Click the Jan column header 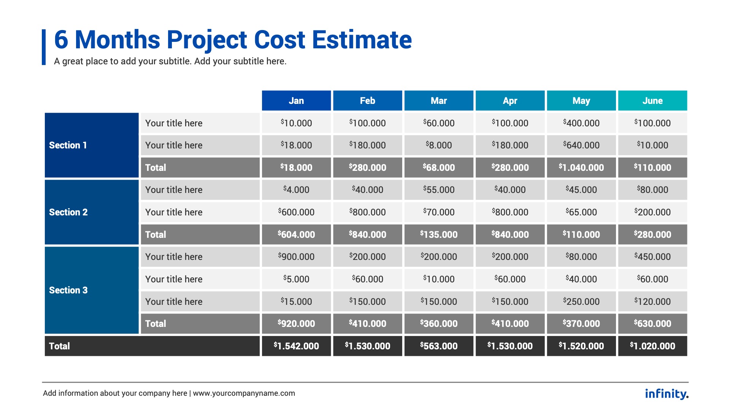click(x=296, y=100)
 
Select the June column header click(x=652, y=100)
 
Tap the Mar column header click(x=439, y=100)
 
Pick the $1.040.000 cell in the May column click(x=581, y=167)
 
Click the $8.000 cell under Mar click(x=439, y=145)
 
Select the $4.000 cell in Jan click(x=296, y=190)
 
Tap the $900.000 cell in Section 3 click(x=296, y=256)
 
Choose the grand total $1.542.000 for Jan click(x=296, y=346)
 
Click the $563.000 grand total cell click(x=439, y=346)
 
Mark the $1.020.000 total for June click(x=652, y=346)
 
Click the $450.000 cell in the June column click(x=652, y=256)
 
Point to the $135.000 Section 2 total click(x=439, y=234)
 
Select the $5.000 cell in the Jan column click(x=296, y=279)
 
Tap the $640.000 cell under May click(x=581, y=145)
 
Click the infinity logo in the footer click(x=667, y=393)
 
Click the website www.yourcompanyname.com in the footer click(x=244, y=393)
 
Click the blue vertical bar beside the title click(x=44, y=47)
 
